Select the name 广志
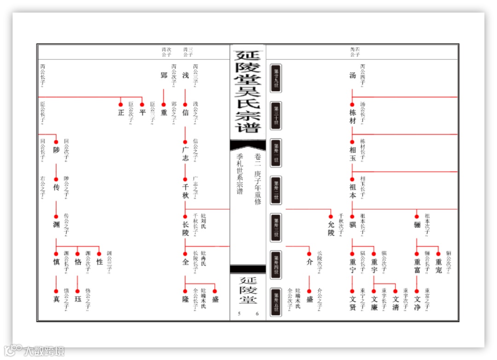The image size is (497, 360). click(x=185, y=154)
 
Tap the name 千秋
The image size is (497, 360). click(x=185, y=191)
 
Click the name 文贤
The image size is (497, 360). click(x=353, y=304)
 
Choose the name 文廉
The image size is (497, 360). click(x=374, y=304)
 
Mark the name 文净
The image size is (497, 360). click(x=417, y=304)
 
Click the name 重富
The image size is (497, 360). click(x=417, y=266)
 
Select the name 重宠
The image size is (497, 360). click(x=438, y=266)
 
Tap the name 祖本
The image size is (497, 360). click(x=353, y=191)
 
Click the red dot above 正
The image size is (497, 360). click(x=121, y=104)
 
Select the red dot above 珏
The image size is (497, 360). click(x=78, y=291)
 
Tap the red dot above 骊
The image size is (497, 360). click(x=417, y=216)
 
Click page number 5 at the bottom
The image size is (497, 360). click(x=239, y=314)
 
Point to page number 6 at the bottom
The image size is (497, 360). click(x=257, y=314)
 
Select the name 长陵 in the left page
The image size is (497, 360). click(x=185, y=229)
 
